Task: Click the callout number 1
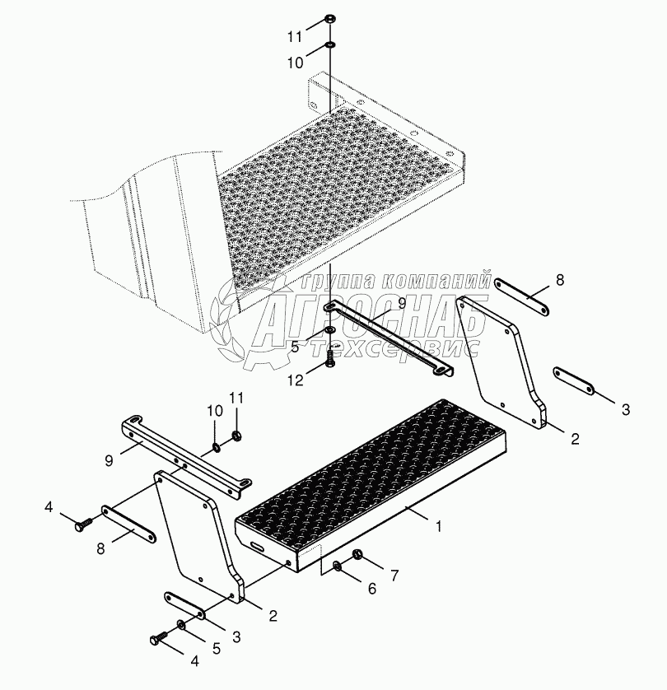pyautogui.click(x=438, y=527)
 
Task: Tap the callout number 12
pyautogui.click(x=296, y=380)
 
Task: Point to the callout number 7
pyautogui.click(x=394, y=575)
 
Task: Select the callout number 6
pyautogui.click(x=372, y=589)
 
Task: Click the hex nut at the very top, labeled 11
pyautogui.click(x=329, y=20)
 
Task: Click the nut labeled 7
pyautogui.click(x=357, y=554)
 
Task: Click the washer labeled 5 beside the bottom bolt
pyautogui.click(x=181, y=623)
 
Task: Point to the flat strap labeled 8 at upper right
pyautogui.click(x=522, y=297)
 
